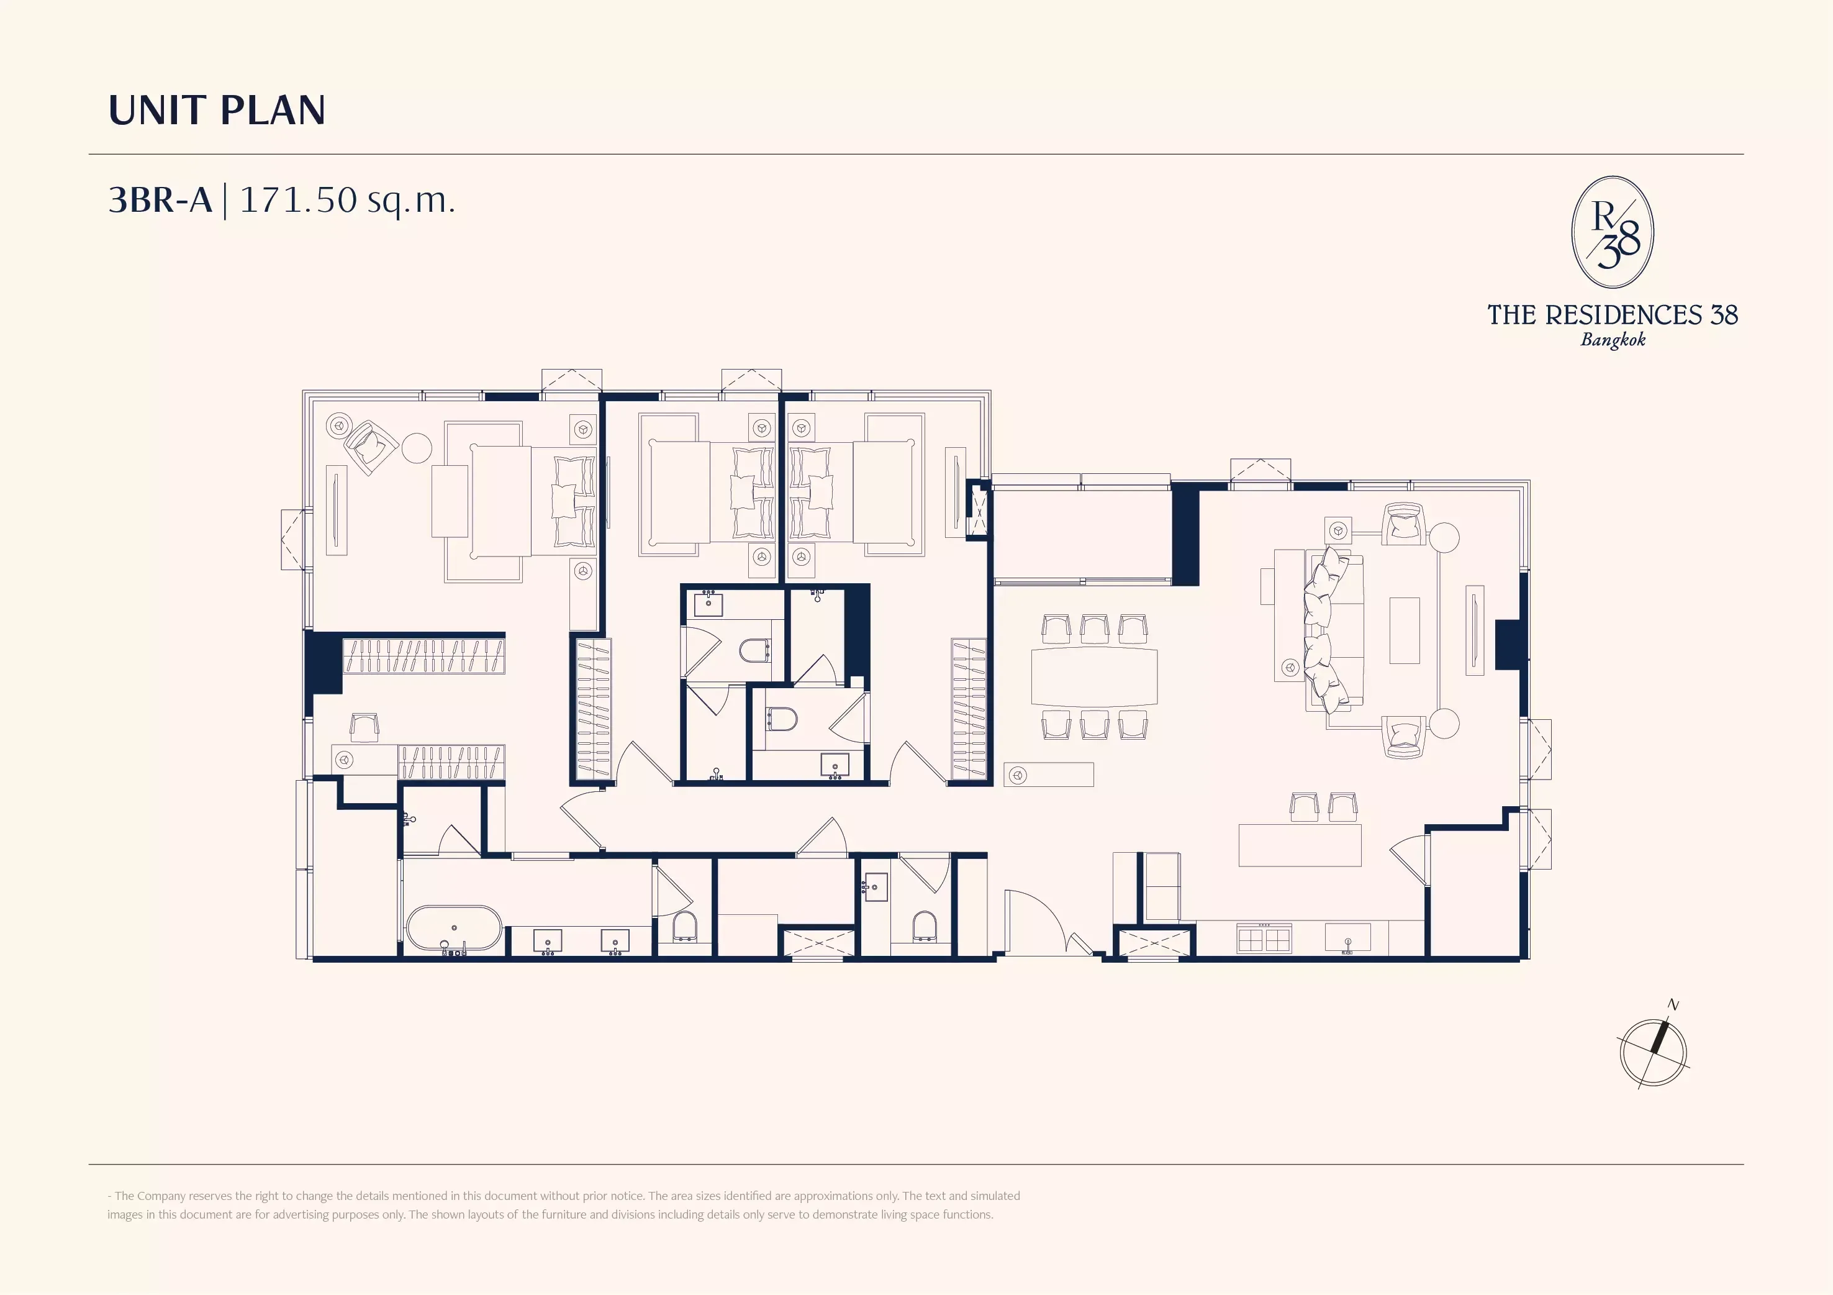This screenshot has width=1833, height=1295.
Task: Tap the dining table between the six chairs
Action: click(x=1093, y=676)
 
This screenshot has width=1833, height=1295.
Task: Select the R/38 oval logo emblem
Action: click(x=1613, y=232)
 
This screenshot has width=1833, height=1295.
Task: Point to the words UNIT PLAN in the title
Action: click(x=217, y=110)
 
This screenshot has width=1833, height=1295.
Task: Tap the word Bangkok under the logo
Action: click(x=1613, y=339)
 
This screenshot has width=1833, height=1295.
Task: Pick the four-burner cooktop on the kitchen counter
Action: click(x=1264, y=938)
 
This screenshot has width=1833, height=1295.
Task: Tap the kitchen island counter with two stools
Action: click(x=1300, y=845)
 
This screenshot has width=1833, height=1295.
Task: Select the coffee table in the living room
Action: click(x=1405, y=631)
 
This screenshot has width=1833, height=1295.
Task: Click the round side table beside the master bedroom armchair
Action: click(x=417, y=448)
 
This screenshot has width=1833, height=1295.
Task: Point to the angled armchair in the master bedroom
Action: click(x=371, y=447)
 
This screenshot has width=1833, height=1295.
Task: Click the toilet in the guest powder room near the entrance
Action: click(x=925, y=927)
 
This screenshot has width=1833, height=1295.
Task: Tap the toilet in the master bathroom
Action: click(x=685, y=928)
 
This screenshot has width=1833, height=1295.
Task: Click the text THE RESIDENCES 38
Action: click(x=1613, y=314)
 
